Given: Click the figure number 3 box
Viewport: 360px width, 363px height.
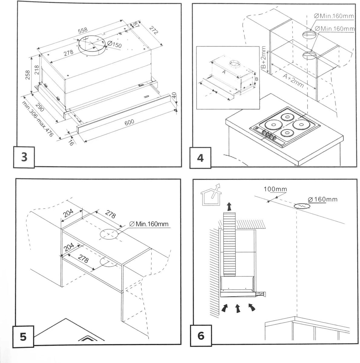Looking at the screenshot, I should (x=25, y=157).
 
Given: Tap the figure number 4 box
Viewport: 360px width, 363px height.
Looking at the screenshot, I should (x=200, y=158).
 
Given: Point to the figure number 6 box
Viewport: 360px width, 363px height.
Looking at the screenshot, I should (x=200, y=335).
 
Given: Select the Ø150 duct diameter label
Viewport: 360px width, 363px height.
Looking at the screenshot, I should (x=114, y=45).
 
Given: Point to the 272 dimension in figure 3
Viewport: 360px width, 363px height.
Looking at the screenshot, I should (x=155, y=30).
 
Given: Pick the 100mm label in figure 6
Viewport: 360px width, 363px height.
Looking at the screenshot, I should (x=275, y=189).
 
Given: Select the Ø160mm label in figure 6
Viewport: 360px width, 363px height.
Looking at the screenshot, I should (x=322, y=199).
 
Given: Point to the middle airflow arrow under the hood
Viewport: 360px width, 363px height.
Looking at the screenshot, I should (x=238, y=308).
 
